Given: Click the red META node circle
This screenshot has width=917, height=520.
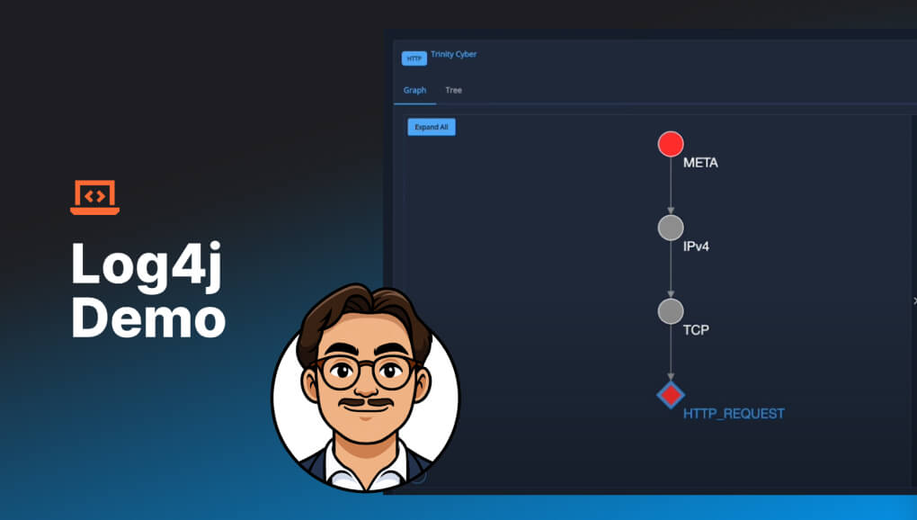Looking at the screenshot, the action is pos(670,144).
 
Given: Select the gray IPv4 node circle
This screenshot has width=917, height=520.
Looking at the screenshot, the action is pos(670,228).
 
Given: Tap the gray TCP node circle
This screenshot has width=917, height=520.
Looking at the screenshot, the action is pos(670,311).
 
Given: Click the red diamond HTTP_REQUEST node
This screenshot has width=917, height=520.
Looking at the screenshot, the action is pos(670,395).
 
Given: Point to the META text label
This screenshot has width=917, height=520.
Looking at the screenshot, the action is pos(700,163).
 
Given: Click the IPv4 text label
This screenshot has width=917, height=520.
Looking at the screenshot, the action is pos(696,247).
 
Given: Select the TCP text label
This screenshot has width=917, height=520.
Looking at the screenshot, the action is pos(696,330).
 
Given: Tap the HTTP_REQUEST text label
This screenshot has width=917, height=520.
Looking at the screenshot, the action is pos(734,414).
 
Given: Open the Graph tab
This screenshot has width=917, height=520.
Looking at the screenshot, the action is pos(414,90).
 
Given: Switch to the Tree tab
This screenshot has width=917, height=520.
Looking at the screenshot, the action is pos(453,90).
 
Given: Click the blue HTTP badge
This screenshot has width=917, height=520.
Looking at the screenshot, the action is pos(414,58).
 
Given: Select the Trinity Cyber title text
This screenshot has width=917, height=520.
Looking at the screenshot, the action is pos(454,54).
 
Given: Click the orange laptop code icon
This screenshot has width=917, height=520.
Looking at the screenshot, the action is pos(94,197).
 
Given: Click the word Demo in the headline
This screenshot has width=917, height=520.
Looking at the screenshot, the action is pos(148,317).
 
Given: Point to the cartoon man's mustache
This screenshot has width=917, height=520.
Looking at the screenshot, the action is pos(366,403).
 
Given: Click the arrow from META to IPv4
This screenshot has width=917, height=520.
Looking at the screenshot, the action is pos(670,185).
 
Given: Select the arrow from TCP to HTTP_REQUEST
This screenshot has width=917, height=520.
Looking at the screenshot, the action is pos(670,352).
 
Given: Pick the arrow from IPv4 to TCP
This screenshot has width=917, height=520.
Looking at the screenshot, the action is pos(670,269).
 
